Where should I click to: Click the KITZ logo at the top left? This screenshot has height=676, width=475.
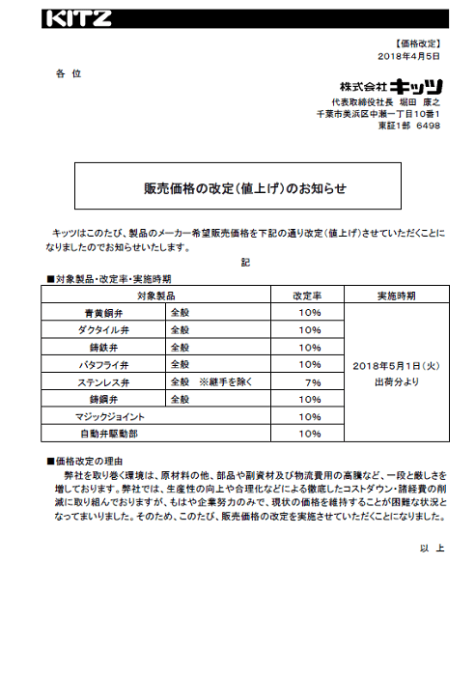pos(78,18)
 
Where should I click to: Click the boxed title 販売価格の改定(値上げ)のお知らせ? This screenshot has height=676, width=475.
pos(237,187)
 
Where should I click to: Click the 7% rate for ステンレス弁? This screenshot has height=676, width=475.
pos(312,382)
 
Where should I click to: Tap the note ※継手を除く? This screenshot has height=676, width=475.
pos(225,382)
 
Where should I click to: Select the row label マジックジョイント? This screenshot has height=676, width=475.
pos(110,417)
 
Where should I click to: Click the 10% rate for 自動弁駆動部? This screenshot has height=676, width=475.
pos(310,435)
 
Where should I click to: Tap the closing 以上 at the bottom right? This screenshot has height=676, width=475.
pos(432,549)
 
